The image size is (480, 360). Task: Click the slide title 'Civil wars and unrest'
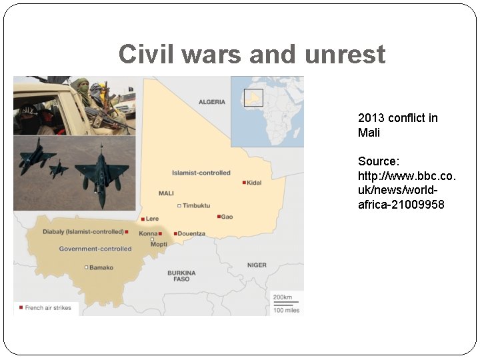[252, 54]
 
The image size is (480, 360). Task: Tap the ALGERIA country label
[212, 102]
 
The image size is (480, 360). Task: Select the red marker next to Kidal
[245, 182]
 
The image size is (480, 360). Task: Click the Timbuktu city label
[197, 205]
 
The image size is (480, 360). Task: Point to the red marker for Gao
[219, 217]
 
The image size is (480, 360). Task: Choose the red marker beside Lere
[143, 219]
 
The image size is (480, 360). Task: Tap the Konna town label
[148, 234]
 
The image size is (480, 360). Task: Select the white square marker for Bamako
[86, 267]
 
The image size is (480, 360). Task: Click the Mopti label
[159, 245]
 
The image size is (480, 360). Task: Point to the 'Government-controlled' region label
[95, 249]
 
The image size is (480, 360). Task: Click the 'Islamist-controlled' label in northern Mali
[201, 173]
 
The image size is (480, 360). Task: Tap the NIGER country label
[257, 265]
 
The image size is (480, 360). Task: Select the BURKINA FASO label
[181, 276]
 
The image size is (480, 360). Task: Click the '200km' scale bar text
[282, 297]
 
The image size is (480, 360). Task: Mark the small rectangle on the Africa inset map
[253, 98]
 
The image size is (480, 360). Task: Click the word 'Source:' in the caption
[378, 161]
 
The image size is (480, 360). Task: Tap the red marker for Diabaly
[127, 232]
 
